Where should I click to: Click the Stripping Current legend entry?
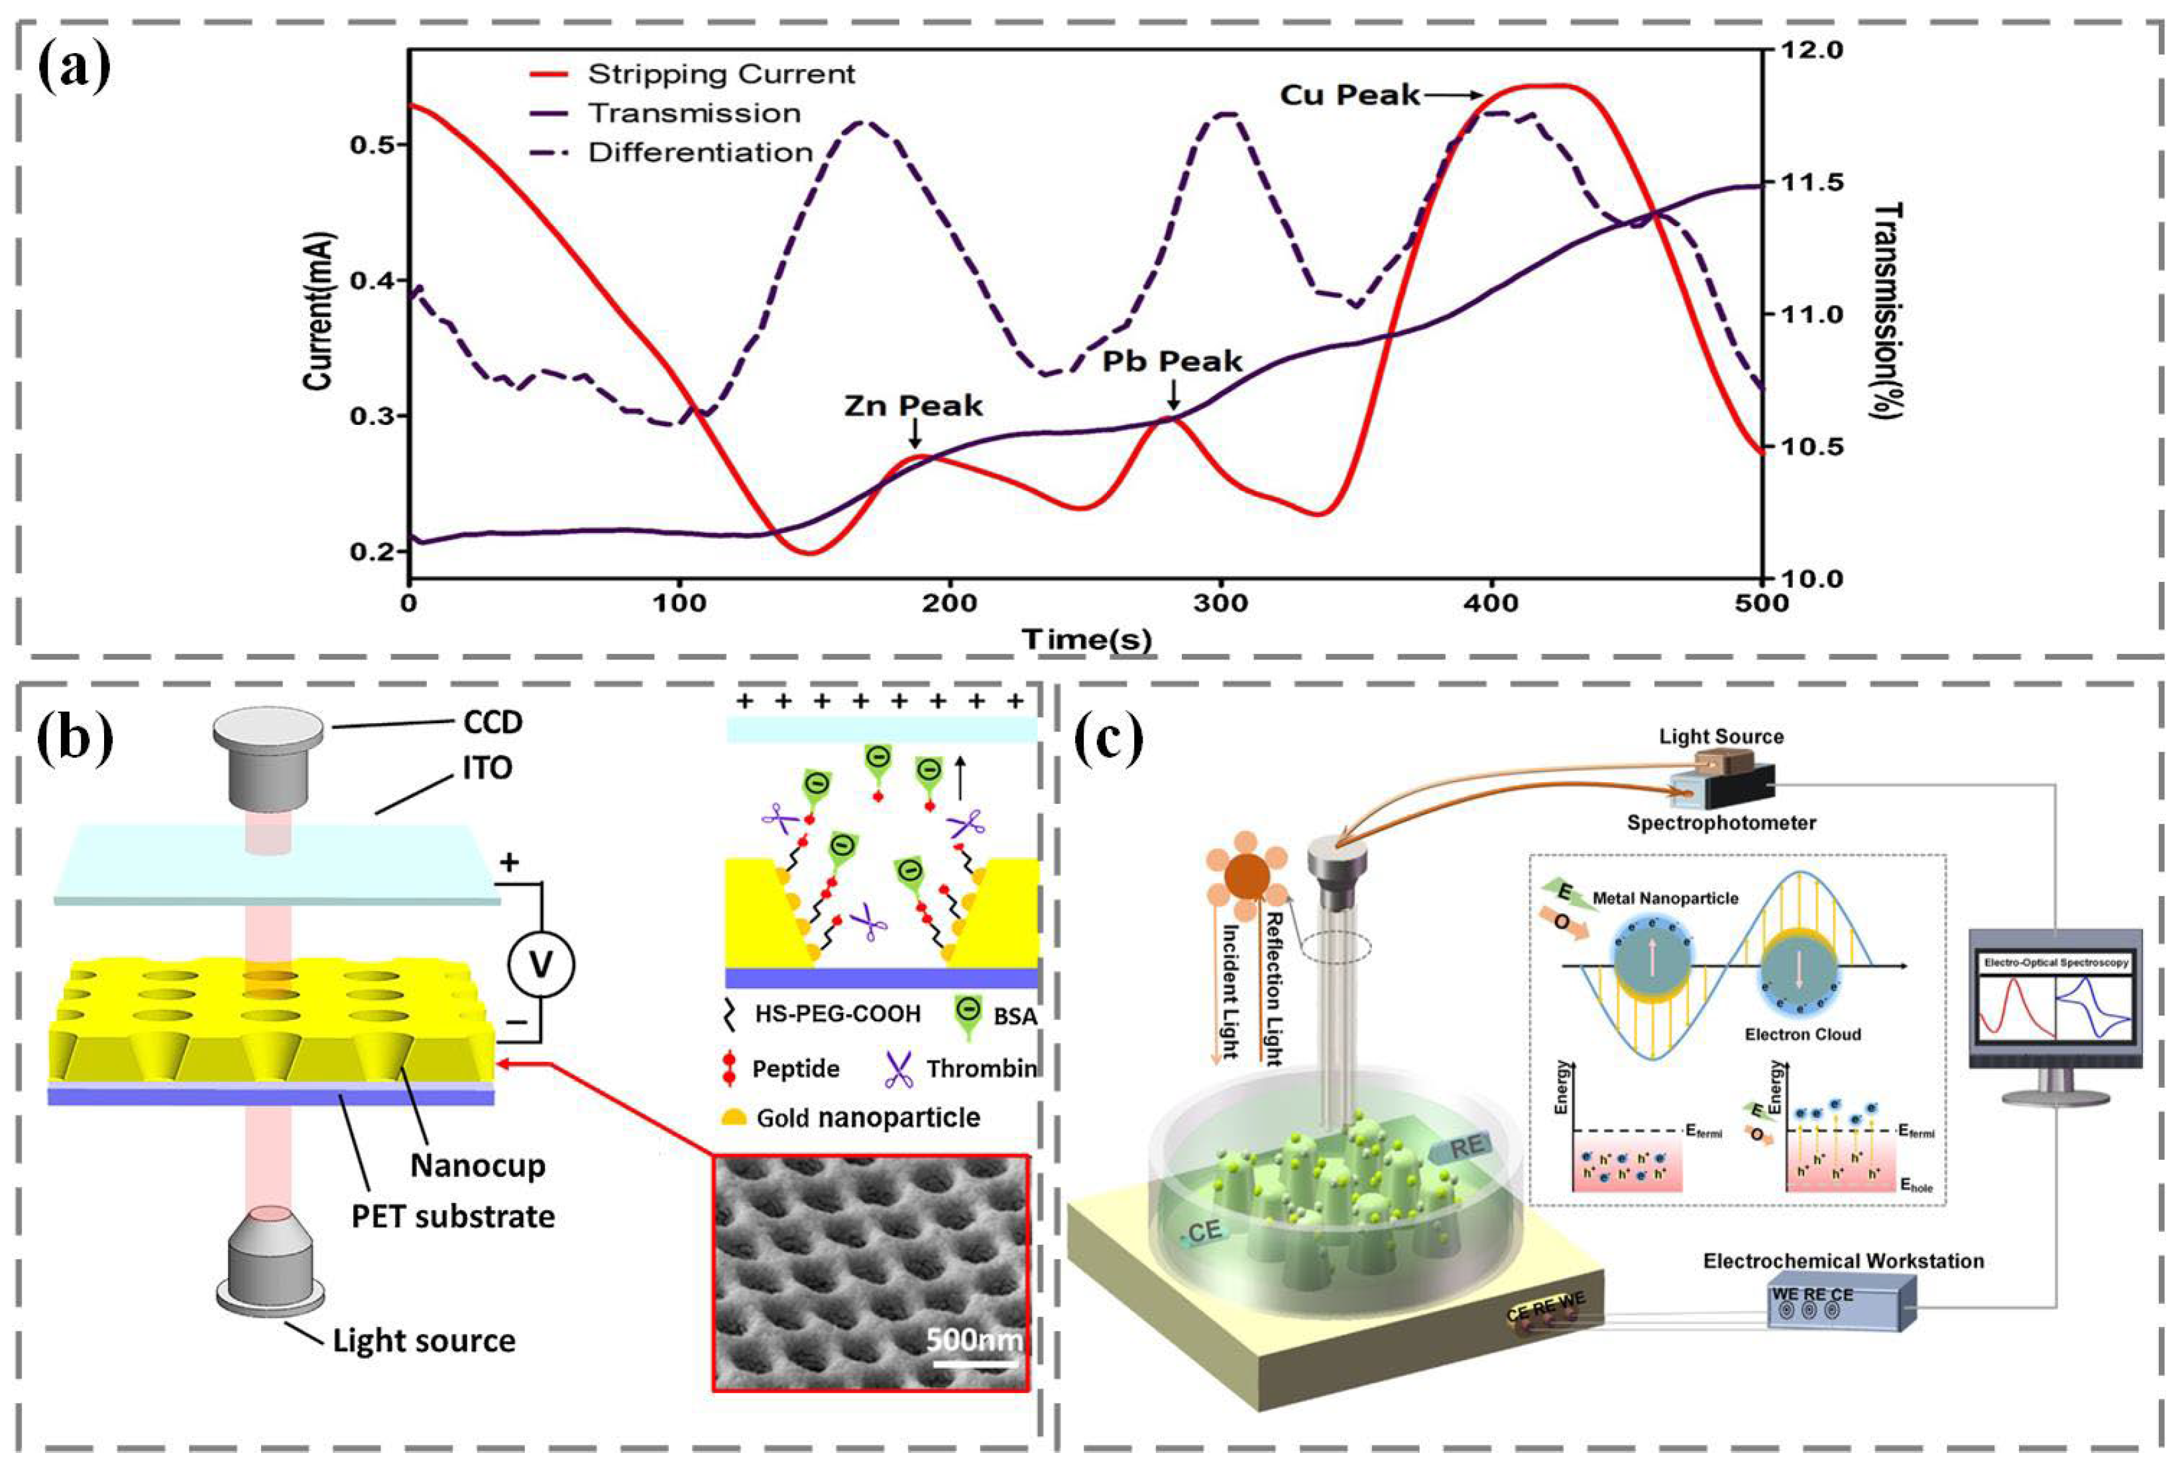click(x=720, y=74)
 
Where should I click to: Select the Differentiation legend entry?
click(x=700, y=152)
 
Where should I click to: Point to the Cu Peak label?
click(x=1350, y=95)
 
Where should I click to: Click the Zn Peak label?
click(x=913, y=405)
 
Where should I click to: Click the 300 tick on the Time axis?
click(x=1221, y=603)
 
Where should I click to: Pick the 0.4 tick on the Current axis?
click(x=371, y=280)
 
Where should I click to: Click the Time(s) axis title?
click(x=1086, y=640)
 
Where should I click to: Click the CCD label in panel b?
click(x=492, y=722)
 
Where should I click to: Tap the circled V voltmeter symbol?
click(x=540, y=965)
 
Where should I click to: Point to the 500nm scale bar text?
click(x=974, y=1338)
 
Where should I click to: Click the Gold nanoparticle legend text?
click(x=868, y=1117)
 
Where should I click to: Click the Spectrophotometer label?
click(x=1721, y=823)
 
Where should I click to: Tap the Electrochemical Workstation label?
click(x=1843, y=1261)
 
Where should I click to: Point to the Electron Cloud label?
click(x=1802, y=1035)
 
